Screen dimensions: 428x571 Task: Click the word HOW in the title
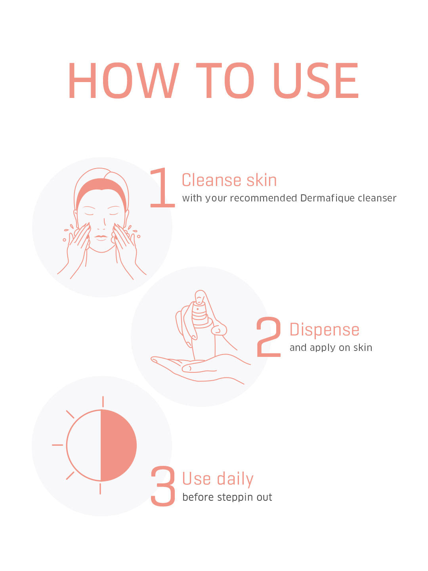point(124,80)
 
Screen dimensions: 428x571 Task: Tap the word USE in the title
point(316,80)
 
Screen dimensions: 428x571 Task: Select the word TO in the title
point(225,80)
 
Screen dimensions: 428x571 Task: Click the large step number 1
point(162,188)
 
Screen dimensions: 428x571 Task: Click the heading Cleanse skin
point(229,180)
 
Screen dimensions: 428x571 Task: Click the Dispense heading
point(324,330)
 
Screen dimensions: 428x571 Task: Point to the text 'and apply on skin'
point(331,348)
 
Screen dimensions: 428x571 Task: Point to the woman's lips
point(101,238)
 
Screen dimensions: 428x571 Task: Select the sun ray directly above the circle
point(103,402)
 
